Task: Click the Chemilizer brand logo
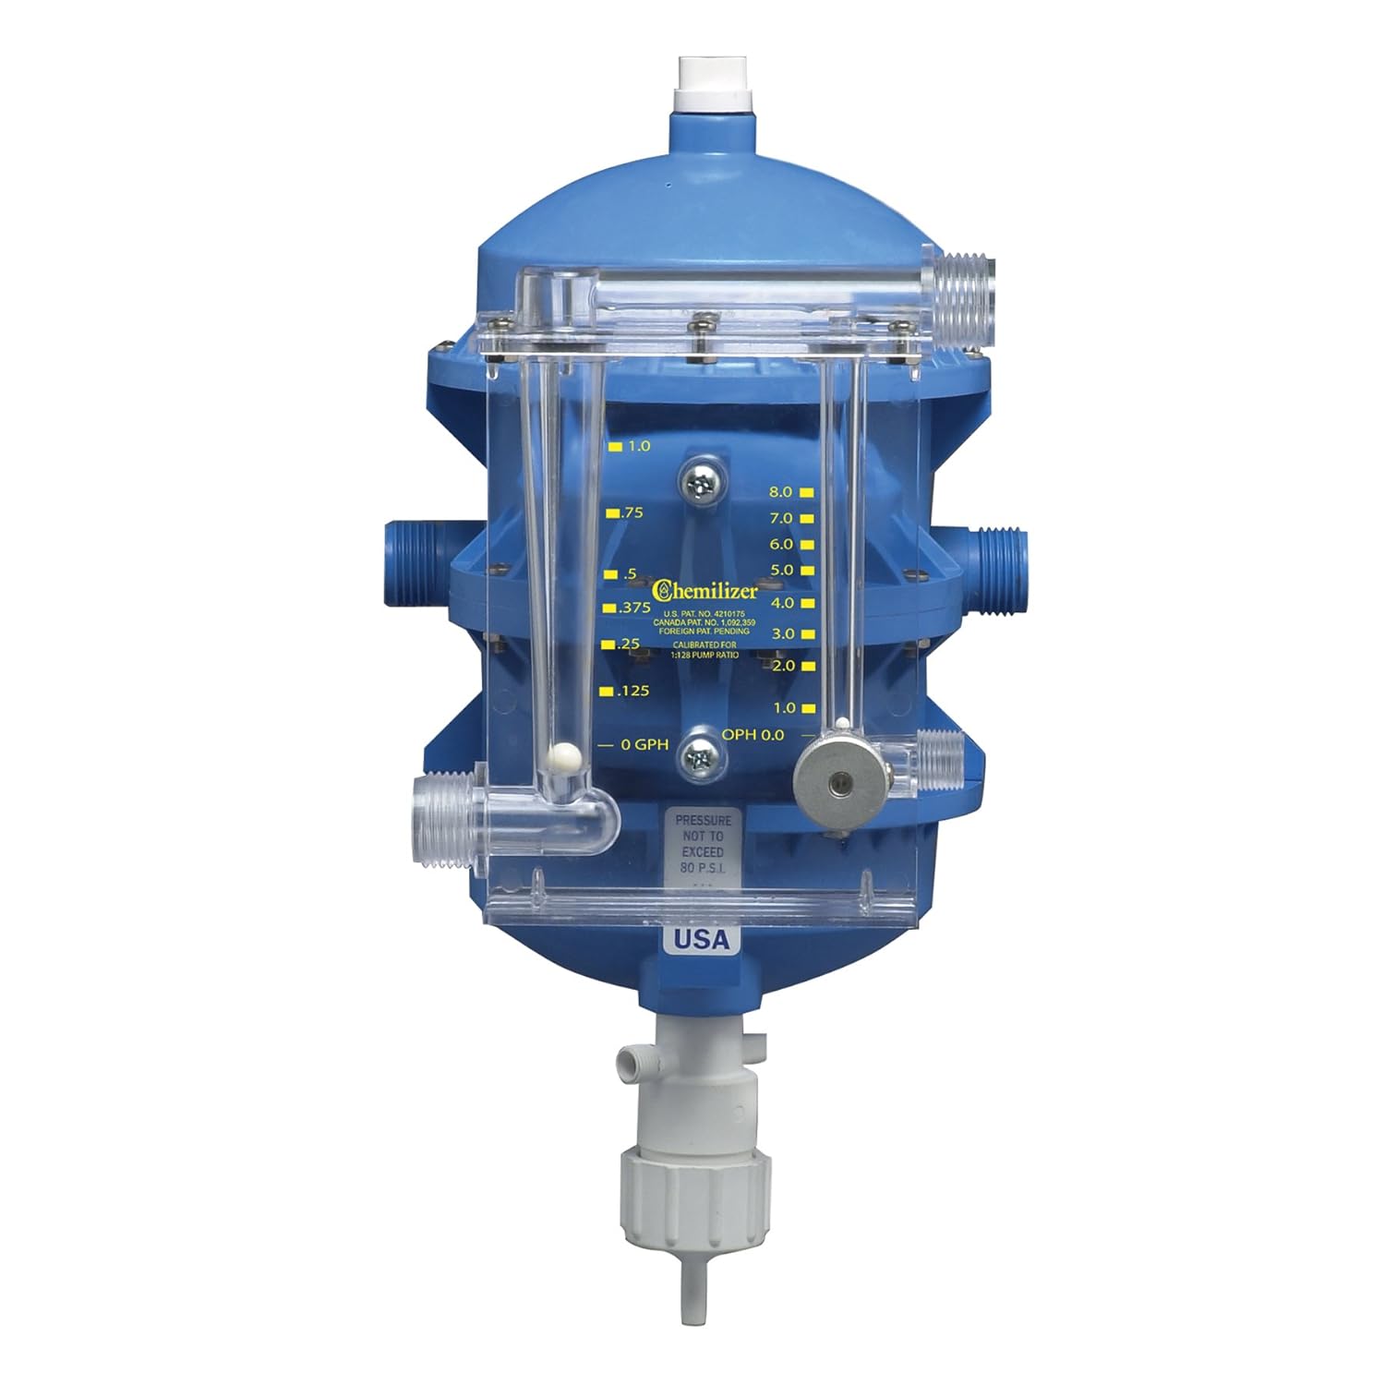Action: tap(705, 589)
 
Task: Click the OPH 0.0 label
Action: tap(754, 735)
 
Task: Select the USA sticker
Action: tap(701, 939)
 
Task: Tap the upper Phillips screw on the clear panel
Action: tap(701, 479)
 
